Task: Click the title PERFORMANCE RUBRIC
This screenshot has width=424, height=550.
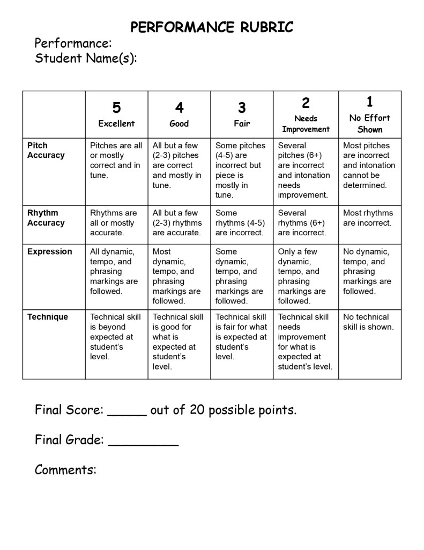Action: (x=212, y=27)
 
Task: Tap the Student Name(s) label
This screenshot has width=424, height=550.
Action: (x=86, y=58)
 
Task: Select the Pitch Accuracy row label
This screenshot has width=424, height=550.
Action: (x=46, y=150)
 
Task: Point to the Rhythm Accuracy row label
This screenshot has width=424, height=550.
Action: (x=46, y=218)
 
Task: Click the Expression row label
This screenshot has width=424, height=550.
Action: (x=49, y=251)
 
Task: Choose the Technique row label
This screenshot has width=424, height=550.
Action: (x=48, y=317)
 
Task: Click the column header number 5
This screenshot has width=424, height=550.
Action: (x=116, y=107)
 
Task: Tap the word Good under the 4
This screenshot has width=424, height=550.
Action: (x=179, y=124)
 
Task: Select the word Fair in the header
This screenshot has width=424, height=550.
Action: (x=242, y=124)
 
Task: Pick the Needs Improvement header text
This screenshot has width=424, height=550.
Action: (x=306, y=124)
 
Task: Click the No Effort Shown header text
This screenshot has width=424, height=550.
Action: (x=370, y=124)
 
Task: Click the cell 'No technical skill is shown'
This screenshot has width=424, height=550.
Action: (x=368, y=322)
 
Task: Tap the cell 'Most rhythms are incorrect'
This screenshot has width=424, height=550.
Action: (x=368, y=218)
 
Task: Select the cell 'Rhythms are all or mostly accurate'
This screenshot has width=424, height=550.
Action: (x=113, y=223)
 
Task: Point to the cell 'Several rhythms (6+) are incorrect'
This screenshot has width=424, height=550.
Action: (x=302, y=223)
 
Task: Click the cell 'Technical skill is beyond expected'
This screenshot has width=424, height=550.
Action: (x=115, y=337)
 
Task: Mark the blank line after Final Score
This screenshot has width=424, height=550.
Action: (x=127, y=415)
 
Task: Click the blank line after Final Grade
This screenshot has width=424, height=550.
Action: (x=143, y=444)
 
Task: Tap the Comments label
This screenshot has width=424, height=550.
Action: (x=65, y=470)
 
